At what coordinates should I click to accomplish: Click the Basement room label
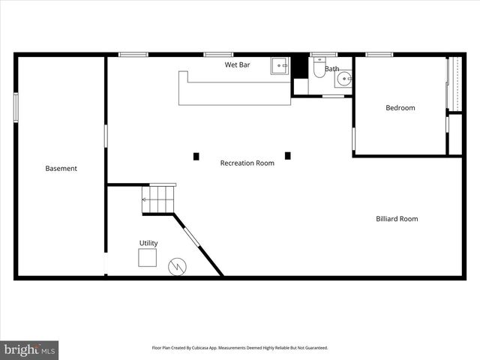[x=61, y=169]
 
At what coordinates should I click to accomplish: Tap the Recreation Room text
[x=247, y=163]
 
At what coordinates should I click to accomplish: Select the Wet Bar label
[x=238, y=65]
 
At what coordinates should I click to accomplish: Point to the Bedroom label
[x=400, y=108]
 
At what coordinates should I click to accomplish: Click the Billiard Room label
[x=397, y=219]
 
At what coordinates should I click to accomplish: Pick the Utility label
[x=148, y=243]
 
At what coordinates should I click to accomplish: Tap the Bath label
[x=331, y=69]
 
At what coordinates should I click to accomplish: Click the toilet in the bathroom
[x=319, y=69]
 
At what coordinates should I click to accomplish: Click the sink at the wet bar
[x=280, y=65]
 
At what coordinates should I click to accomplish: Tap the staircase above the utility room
[x=159, y=199]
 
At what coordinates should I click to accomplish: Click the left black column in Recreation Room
[x=196, y=156]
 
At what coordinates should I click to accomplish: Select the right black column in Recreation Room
[x=287, y=156]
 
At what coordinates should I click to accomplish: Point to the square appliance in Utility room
[x=147, y=258]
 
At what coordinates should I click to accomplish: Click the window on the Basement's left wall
[x=16, y=105]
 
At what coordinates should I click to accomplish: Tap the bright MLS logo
[x=29, y=349]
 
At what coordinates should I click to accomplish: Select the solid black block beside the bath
[x=300, y=65]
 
